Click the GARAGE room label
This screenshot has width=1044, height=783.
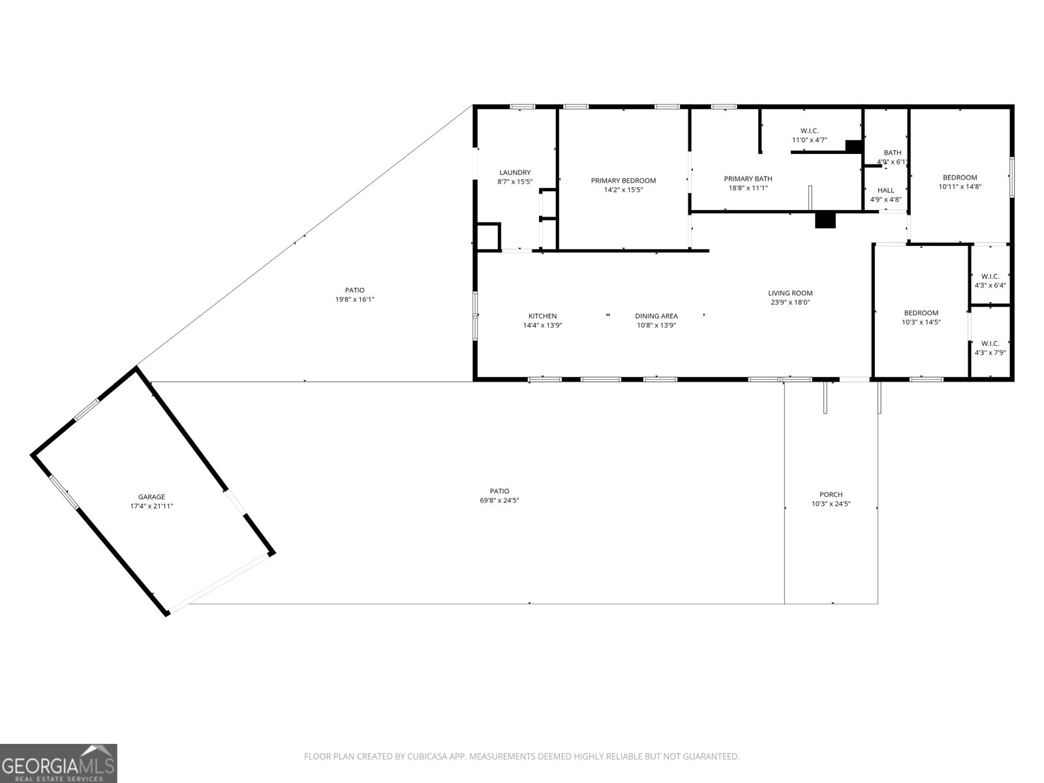coord(152,497)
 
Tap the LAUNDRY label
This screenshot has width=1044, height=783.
coord(515,172)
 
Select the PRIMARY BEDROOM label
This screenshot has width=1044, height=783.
coord(624,181)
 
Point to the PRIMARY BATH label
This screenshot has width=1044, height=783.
coord(748,179)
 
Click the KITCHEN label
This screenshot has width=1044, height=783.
coord(543,316)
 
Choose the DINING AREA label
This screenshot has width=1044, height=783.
coord(656,316)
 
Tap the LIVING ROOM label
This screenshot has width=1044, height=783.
coord(790,294)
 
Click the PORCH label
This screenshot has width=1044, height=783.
coord(831,495)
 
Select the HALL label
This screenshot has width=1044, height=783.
coord(885,191)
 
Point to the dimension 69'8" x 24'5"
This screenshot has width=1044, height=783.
coord(499,500)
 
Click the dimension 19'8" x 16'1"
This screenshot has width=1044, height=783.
coord(355,299)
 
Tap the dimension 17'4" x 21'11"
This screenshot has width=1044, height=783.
coord(152,506)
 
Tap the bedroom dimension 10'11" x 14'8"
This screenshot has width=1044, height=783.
coord(960,187)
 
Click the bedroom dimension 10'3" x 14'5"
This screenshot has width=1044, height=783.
coord(921,322)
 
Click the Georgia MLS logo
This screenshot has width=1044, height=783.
coord(59,763)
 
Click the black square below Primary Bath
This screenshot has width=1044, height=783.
coord(825,220)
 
